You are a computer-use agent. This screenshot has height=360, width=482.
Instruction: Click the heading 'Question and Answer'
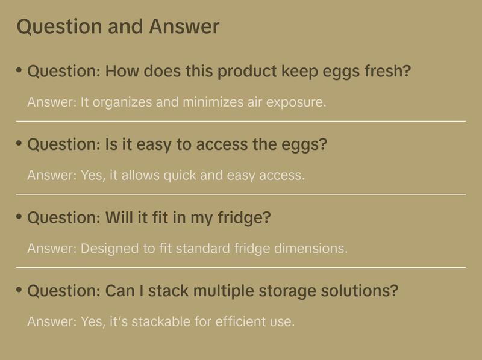coord(118,27)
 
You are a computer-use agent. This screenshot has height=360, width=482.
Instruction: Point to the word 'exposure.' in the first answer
coord(296,102)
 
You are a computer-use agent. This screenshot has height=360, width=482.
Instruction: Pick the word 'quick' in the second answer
coord(180,176)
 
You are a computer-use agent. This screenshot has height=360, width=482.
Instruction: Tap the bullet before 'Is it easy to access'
coord(19,144)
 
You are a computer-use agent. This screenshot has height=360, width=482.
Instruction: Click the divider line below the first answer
coord(241,121)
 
